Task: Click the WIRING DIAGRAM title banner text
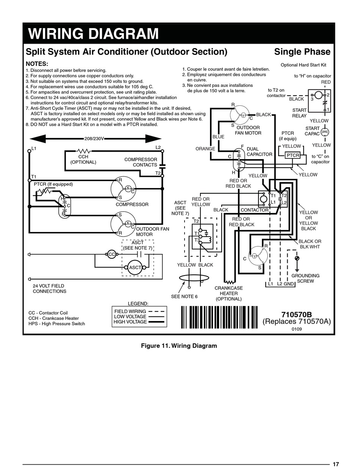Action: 93,33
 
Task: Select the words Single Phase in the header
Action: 302,52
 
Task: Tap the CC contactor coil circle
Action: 111,254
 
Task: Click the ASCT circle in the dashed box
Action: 135,268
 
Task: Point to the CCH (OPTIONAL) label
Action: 83,160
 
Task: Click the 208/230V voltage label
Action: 94,139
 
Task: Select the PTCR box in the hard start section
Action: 293,155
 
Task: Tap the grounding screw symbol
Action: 297,258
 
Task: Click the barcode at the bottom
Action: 219,317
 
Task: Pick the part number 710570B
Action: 296,315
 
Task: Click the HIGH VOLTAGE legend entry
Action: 139,322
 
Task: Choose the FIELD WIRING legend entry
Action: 139,312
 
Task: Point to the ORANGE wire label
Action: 205,149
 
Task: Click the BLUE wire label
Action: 218,136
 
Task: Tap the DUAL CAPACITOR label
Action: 260,152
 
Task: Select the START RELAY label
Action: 299,113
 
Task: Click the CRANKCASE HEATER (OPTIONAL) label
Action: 229,293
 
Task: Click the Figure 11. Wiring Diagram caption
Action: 179,346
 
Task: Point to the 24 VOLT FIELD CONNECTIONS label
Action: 49,288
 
